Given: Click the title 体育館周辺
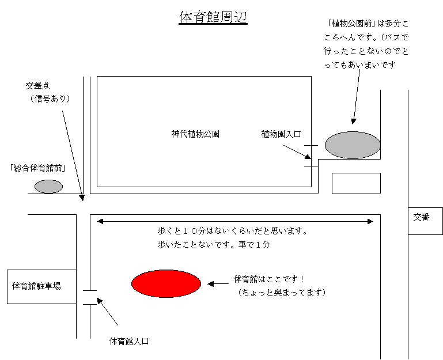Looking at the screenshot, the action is tap(213, 17).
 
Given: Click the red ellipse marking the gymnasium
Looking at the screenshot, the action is tap(166, 283).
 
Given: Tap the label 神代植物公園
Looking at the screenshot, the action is tap(195, 134).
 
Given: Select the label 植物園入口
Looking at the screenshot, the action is tap(281, 134).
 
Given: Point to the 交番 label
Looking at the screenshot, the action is tap(421, 217).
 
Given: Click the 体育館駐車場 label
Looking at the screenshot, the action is tap(36, 286).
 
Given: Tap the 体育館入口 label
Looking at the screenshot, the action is tap(129, 342).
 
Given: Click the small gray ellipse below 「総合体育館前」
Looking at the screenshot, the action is tap(48, 187).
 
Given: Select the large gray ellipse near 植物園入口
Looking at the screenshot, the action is tap(353, 145).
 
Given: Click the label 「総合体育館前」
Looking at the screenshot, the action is tap(37, 168).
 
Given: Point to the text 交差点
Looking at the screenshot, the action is tap(37, 85).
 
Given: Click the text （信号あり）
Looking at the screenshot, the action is tap(50, 98).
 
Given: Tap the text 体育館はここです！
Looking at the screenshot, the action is tap(269, 279).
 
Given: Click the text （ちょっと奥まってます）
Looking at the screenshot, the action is tap(282, 292).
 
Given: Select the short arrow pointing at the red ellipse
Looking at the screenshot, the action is tap(218, 284).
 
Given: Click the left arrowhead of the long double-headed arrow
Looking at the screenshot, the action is tap(100, 222).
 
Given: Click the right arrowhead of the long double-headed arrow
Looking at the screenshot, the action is tap(370, 222).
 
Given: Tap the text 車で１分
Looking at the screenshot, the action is tap(254, 244).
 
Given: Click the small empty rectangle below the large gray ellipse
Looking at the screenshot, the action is tap(356, 183).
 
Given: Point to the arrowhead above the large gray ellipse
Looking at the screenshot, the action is tap(354, 121).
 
